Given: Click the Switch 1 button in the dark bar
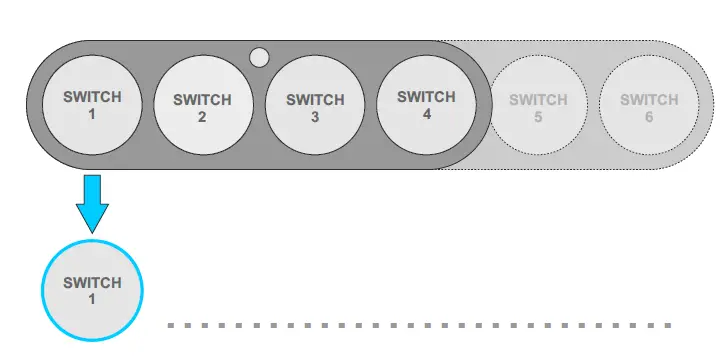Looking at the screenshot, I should click(92, 104).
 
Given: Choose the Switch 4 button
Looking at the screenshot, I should click(427, 104).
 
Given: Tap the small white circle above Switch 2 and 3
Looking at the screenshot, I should click(259, 57).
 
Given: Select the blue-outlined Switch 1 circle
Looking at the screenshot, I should click(92, 291).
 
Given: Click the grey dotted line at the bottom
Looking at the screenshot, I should click(420, 325).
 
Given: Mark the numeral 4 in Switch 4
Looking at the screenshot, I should click(427, 112).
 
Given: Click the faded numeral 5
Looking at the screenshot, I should click(538, 116).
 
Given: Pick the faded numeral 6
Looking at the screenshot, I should click(649, 116).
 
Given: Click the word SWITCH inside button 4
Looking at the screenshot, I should click(427, 97).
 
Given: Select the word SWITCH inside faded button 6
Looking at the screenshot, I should click(649, 100).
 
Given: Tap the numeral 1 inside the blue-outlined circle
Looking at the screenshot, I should click(92, 299).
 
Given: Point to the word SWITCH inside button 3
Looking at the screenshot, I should click(315, 100).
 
